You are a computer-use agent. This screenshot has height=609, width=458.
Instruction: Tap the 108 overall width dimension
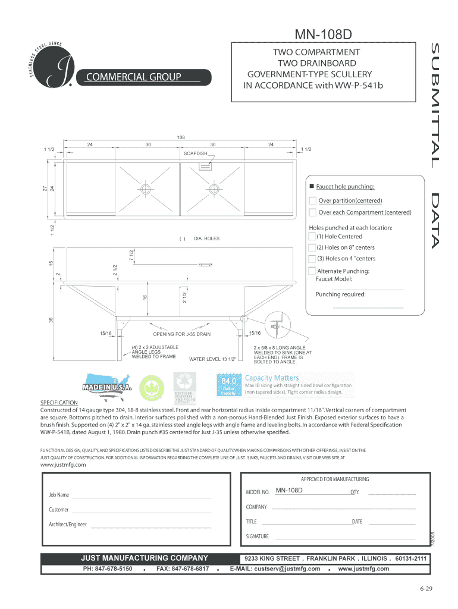(x=181, y=137)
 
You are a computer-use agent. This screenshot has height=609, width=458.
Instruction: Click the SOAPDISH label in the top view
(x=195, y=153)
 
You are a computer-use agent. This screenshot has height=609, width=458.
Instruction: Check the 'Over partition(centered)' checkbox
(x=312, y=200)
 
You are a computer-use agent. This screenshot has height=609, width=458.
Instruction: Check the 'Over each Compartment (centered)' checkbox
(x=312, y=212)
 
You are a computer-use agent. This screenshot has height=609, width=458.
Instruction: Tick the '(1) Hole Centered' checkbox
(x=312, y=237)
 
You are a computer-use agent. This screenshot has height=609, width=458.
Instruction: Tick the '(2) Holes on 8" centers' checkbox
(x=312, y=247)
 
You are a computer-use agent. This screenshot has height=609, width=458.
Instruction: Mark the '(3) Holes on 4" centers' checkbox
(x=312, y=259)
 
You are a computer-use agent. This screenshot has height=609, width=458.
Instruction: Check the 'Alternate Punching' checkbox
(x=312, y=271)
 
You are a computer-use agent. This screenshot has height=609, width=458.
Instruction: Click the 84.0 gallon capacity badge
(x=230, y=385)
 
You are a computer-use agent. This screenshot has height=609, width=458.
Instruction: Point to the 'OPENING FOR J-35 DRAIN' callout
(x=182, y=334)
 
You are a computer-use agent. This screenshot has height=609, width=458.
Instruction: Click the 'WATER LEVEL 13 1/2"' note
(x=212, y=359)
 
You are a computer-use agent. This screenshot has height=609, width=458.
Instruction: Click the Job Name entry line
(x=141, y=496)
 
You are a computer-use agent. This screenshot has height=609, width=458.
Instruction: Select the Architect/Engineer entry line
(x=151, y=526)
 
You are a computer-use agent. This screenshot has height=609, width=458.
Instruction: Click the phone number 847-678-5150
(x=107, y=569)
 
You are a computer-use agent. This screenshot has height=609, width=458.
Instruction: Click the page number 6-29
(x=425, y=589)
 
